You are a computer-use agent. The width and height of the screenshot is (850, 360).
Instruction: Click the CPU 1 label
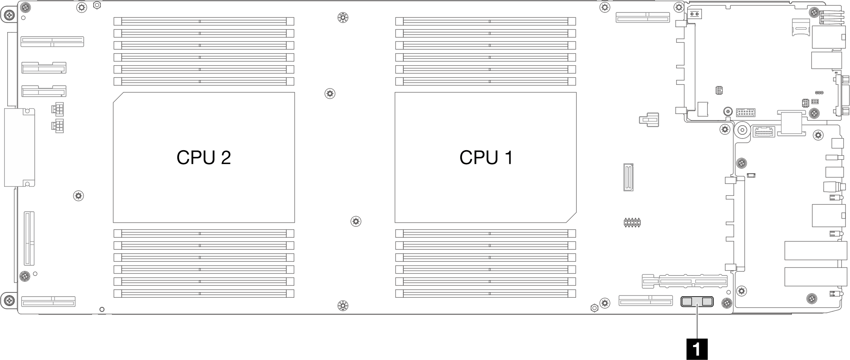486,157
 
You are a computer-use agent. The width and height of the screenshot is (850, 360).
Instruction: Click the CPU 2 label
204,157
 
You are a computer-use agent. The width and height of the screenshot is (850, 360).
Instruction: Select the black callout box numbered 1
697,349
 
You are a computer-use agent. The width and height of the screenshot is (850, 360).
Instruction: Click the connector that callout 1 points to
697,302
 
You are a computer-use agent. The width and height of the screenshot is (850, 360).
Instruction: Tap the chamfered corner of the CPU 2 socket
117,97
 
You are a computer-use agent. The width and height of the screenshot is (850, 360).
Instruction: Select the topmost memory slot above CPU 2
204,21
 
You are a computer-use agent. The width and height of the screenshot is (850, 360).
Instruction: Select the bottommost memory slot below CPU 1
486,293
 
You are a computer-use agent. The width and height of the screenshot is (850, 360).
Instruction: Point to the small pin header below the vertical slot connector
632,222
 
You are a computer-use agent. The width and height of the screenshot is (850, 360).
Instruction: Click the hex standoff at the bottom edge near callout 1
594,308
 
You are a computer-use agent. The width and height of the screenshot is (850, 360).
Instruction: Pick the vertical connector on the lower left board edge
29,238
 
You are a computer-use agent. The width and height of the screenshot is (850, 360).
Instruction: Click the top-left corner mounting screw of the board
9,15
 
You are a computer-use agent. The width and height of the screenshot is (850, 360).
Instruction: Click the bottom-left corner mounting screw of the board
9,300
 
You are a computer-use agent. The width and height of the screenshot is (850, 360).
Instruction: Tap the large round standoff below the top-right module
742,130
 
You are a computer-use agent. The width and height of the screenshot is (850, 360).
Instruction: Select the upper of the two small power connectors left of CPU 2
57,109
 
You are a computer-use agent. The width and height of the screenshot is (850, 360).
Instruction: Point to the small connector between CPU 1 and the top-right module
649,120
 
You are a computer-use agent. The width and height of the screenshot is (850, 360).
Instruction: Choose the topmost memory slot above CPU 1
486,21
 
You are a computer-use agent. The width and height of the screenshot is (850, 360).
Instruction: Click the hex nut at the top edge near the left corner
97,5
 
